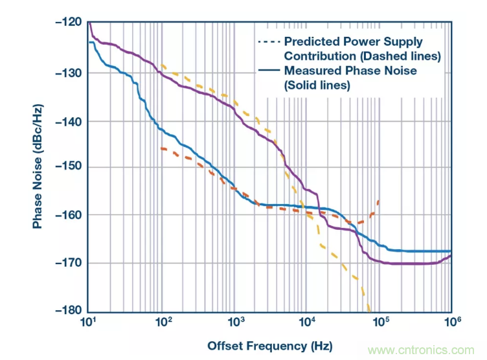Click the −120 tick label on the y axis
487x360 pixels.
point(69,23)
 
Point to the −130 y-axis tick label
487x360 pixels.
point(69,73)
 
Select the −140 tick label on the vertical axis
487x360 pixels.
point(69,121)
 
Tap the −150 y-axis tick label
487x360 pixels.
point(69,167)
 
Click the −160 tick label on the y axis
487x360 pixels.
point(69,215)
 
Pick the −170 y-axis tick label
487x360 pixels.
point(69,263)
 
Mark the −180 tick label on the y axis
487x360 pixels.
point(69,310)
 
